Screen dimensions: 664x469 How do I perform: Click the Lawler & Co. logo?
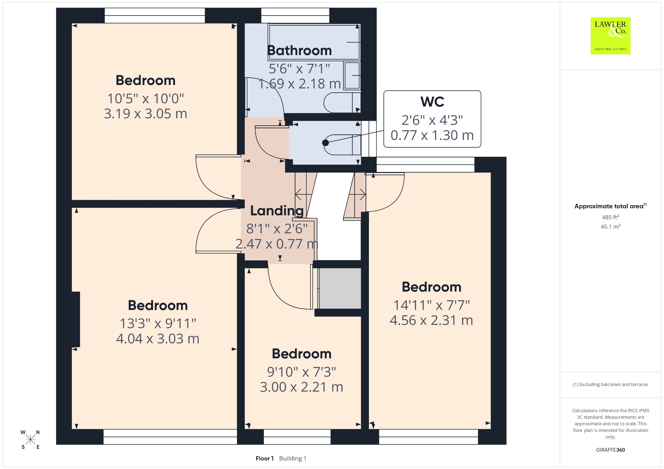click(610, 36)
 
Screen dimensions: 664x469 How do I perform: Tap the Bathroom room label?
click(299, 51)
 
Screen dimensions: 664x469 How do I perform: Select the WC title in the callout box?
click(432, 102)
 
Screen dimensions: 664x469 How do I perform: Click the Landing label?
click(277, 211)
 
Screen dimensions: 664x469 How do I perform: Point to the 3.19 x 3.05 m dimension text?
click(146, 114)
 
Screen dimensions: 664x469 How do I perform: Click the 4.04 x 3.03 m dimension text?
click(158, 339)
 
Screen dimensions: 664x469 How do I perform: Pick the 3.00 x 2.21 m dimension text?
click(302, 387)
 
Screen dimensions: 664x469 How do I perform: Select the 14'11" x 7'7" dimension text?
click(432, 305)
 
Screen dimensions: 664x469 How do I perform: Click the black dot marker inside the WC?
click(326, 143)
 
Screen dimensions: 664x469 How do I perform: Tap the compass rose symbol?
click(30, 440)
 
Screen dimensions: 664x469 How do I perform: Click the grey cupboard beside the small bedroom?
click(340, 288)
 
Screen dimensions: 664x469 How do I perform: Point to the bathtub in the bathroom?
click(314, 42)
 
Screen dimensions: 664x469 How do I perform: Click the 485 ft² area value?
click(611, 217)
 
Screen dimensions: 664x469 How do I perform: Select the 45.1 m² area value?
click(611, 226)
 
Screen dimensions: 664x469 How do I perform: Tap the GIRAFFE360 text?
click(611, 450)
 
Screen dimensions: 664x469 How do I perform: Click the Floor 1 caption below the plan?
click(265, 458)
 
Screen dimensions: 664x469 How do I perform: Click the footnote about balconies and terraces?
click(611, 384)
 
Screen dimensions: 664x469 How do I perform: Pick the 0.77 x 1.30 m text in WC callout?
click(432, 135)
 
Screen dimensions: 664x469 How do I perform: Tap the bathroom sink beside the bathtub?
click(352, 75)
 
